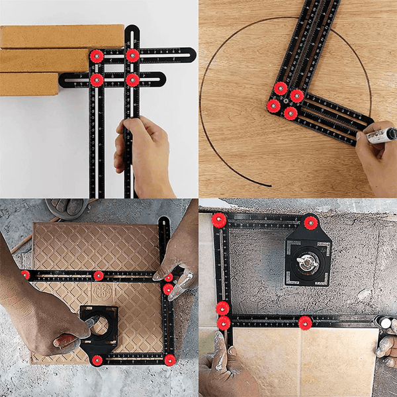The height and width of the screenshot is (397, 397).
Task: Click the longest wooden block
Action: pos(60,36)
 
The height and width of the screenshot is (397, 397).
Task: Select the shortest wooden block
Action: pos(30,83)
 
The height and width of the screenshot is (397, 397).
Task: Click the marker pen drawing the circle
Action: pos(380,137)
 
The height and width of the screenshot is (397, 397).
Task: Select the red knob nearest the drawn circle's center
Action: pos(281,88)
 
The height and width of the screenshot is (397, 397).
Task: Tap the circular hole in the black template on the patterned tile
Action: pos(99,325)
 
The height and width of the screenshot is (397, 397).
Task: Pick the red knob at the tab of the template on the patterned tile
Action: pos(97,360)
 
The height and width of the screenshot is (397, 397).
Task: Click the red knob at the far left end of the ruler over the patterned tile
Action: pos(25,275)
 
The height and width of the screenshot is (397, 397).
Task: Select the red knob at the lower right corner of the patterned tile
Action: pos(169,359)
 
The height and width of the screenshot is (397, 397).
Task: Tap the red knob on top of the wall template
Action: pos(310,223)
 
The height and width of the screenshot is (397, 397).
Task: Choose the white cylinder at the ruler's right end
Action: pos(384,322)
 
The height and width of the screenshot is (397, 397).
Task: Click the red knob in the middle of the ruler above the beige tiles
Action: pos(305,322)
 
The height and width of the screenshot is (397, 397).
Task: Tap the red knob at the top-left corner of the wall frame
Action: pos(218,220)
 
